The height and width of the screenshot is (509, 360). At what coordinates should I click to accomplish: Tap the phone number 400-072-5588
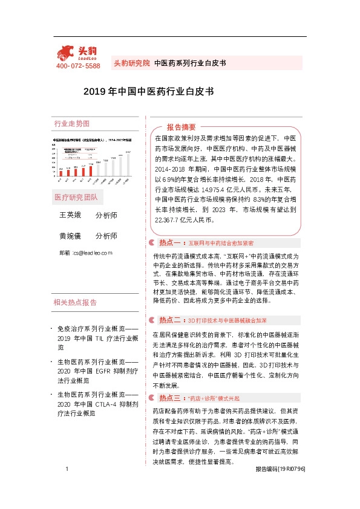click(78, 66)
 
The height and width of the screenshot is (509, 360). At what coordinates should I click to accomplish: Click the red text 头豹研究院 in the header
click(131, 63)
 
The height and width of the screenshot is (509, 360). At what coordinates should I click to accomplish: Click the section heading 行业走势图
click(71, 124)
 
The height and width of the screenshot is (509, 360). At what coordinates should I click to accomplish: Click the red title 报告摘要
click(181, 127)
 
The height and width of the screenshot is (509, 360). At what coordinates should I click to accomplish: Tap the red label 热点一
click(170, 259)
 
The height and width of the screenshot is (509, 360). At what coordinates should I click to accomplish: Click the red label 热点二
click(170, 319)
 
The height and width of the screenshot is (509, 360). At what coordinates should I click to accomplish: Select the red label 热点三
click(170, 381)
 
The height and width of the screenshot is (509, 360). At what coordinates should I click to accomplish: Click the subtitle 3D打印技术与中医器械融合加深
click(227, 320)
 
